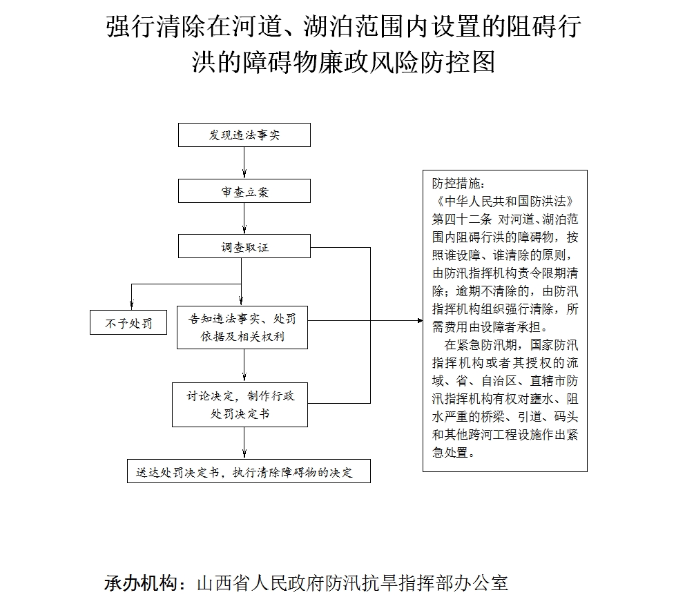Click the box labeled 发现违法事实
point(244,135)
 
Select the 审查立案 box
point(244,190)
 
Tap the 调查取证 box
point(244,246)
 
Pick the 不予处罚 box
point(128,322)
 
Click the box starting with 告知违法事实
point(242,327)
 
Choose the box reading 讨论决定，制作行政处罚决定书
point(240,404)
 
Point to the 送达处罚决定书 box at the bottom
point(249,471)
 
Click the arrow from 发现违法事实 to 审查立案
point(244,163)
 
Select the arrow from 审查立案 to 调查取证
point(244,218)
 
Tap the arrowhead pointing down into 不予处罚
point(131,306)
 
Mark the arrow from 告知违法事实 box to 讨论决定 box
point(244,366)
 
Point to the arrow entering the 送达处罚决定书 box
point(244,442)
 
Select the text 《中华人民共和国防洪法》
point(505,202)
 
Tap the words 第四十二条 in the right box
point(462,219)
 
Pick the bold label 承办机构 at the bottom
point(140,583)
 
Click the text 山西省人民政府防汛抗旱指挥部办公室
point(353,583)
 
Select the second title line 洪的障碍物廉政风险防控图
point(343,61)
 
